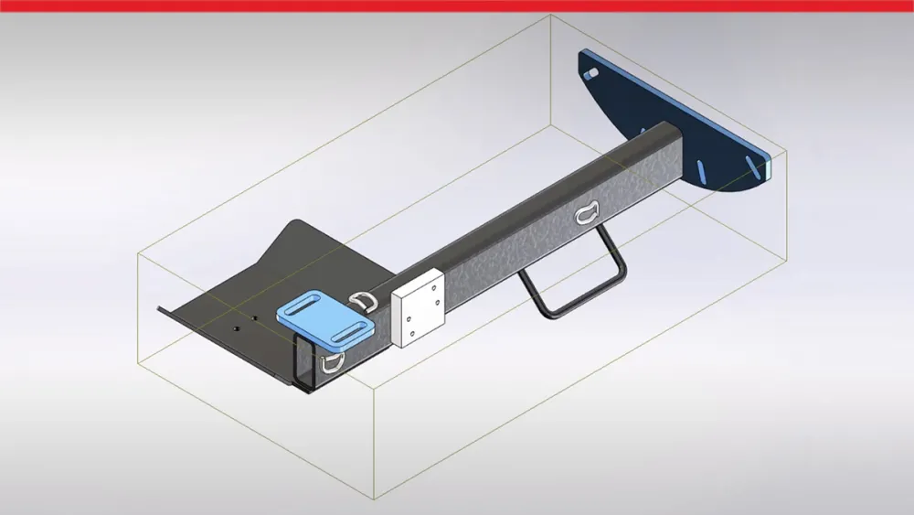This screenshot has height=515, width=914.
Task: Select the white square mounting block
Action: (418, 307)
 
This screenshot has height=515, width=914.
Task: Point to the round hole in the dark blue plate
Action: (592, 70)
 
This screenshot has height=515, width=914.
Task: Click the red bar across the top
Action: (457, 5)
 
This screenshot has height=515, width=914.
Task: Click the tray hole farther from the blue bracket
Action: (237, 327)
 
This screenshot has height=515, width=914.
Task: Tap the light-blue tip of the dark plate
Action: (773, 166)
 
